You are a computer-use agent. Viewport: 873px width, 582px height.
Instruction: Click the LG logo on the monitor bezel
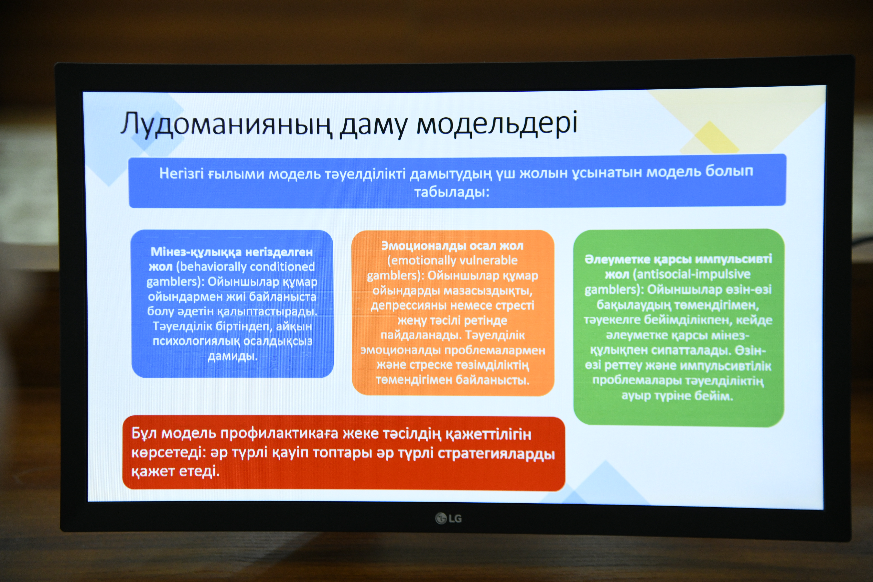click(x=448, y=518)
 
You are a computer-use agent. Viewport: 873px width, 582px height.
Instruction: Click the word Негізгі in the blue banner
click(x=181, y=173)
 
